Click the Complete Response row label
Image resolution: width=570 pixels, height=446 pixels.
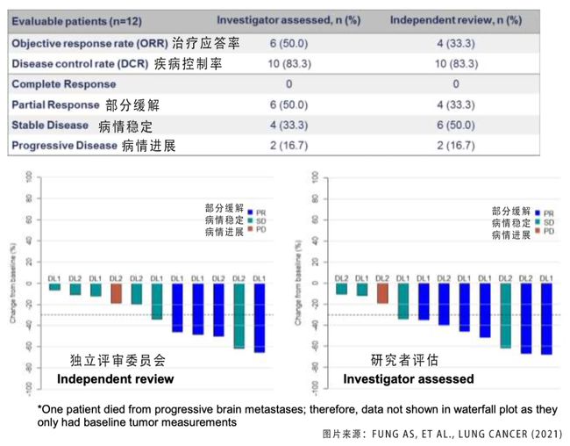[x=64, y=84]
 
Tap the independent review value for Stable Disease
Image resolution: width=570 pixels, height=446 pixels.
[x=456, y=126]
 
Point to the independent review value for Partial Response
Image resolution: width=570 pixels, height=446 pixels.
[x=456, y=104]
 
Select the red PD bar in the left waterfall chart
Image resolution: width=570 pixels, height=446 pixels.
[x=117, y=293]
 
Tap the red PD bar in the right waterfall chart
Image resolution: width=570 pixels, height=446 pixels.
[x=382, y=293]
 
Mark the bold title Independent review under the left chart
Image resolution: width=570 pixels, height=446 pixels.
[x=115, y=379]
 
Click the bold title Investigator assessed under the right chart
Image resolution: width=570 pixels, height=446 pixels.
[x=409, y=379]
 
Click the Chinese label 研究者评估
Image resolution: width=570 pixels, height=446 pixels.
[x=400, y=360]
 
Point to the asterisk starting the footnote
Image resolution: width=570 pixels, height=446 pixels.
[x=40, y=407]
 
